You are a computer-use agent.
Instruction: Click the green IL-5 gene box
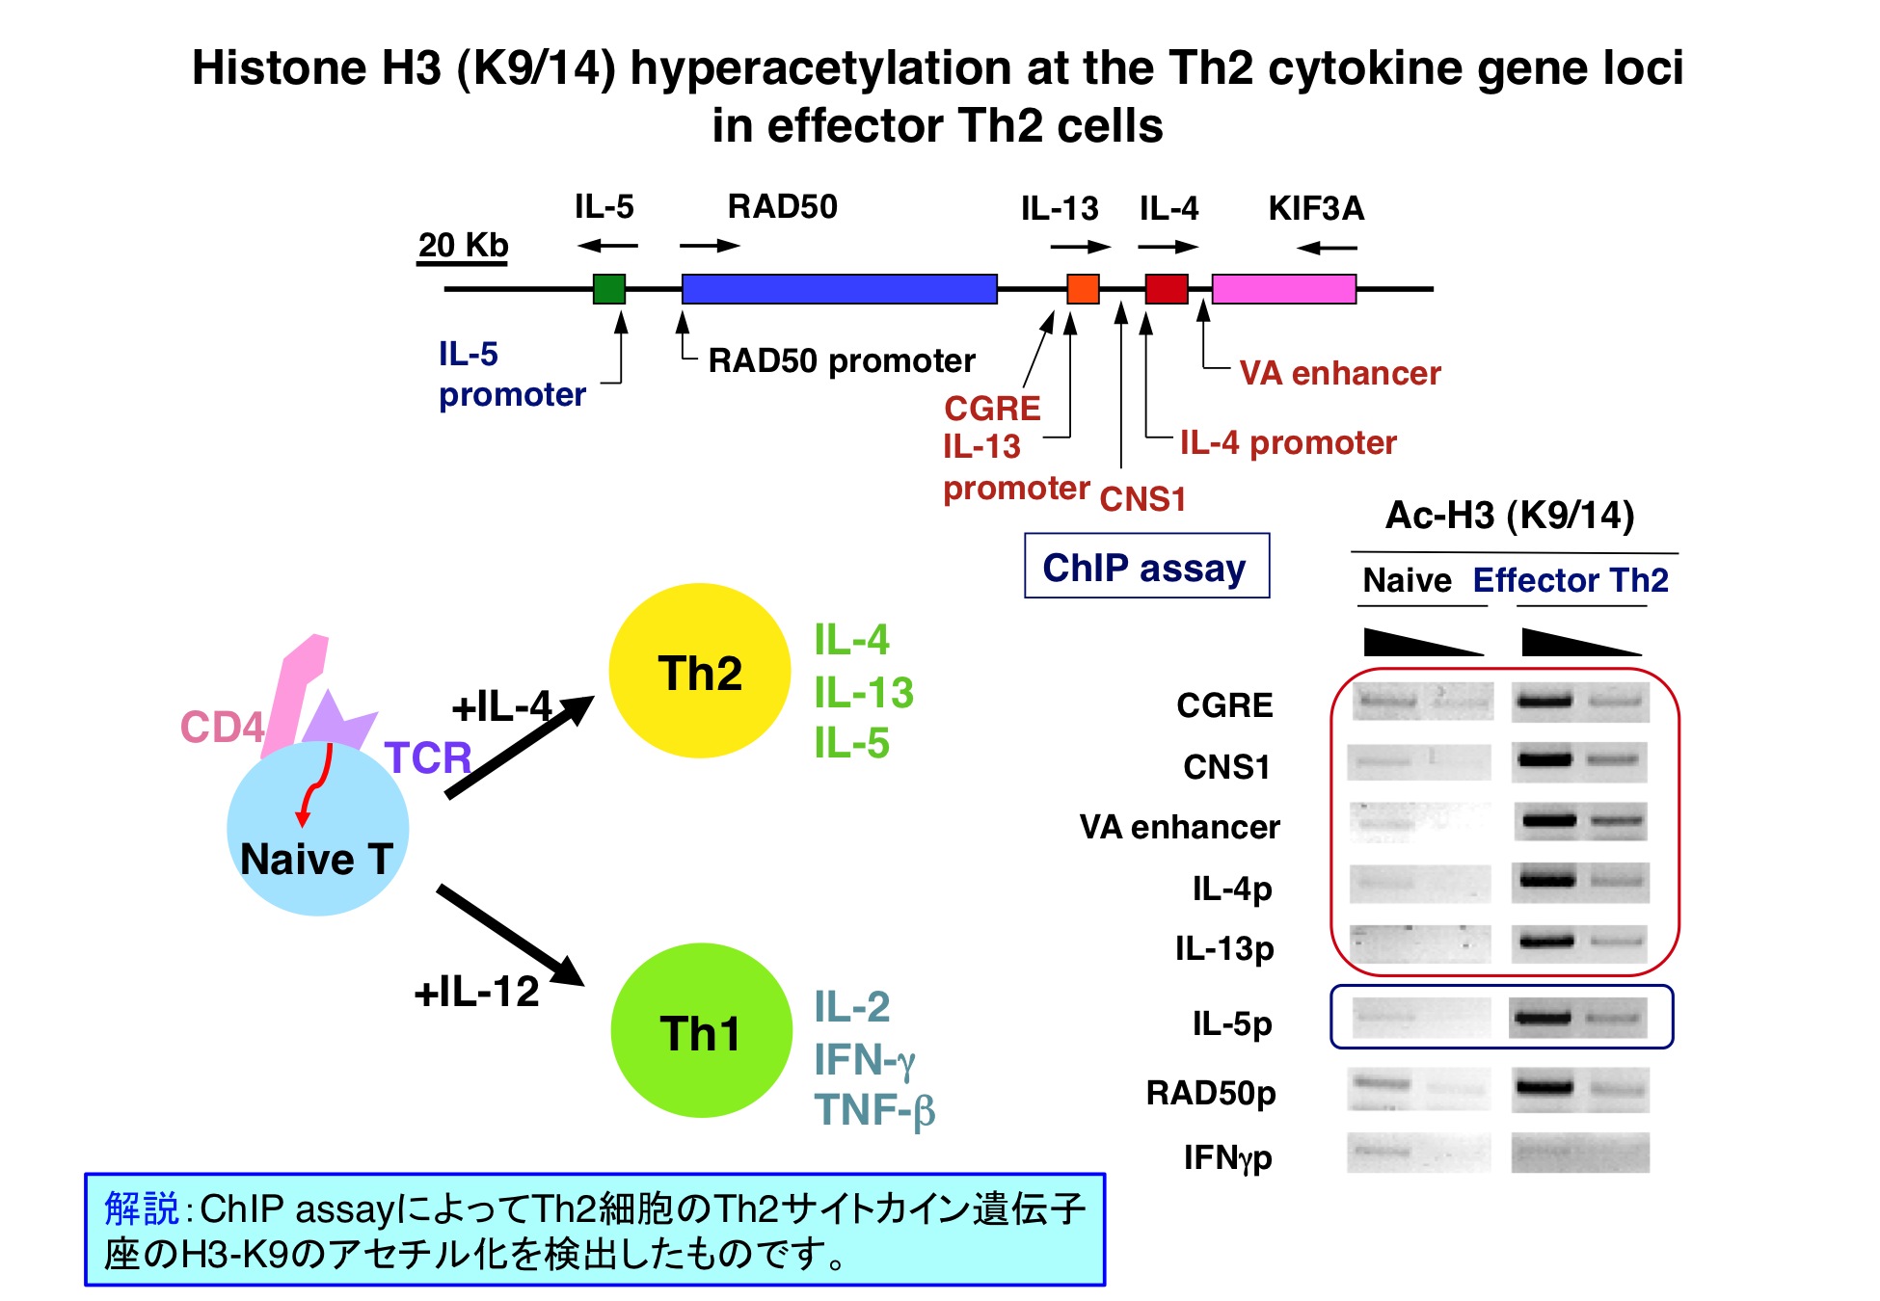pyautogui.click(x=608, y=288)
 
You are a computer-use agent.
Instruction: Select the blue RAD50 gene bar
pyautogui.click(x=839, y=288)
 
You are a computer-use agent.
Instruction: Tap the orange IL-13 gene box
pyautogui.click(x=1083, y=288)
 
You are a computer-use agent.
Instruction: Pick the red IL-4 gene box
pyautogui.click(x=1167, y=288)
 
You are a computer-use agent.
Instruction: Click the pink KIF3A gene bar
pyautogui.click(x=1284, y=288)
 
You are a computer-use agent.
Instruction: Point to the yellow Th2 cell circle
pyautogui.click(x=700, y=671)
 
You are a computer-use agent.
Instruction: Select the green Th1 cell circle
pyautogui.click(x=701, y=1030)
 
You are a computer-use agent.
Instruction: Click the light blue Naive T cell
pyautogui.click(x=317, y=829)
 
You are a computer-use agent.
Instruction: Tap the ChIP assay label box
pyautogui.click(x=1146, y=566)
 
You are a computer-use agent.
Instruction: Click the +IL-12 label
pyautogui.click(x=476, y=991)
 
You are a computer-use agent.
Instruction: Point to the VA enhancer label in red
pyautogui.click(x=1340, y=373)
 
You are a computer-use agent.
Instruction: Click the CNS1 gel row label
pyautogui.click(x=1226, y=767)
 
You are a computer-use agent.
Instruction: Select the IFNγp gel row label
pyautogui.click(x=1227, y=1156)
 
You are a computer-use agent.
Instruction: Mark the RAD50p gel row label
pyautogui.click(x=1211, y=1093)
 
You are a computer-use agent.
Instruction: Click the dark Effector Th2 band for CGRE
pyautogui.click(x=1544, y=701)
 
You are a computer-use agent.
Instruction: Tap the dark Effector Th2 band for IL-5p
pyautogui.click(x=1543, y=1017)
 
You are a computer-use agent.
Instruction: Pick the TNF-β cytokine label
pyautogui.click(x=874, y=1110)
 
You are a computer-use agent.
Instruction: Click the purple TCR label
pyautogui.click(x=428, y=757)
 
